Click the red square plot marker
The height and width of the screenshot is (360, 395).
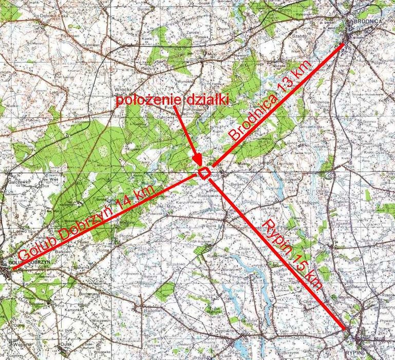coord(204,173)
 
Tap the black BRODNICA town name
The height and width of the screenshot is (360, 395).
coord(368,21)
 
